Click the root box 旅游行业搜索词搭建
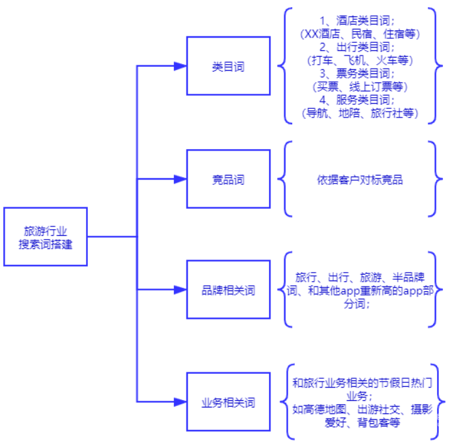point(46,236)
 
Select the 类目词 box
point(227,66)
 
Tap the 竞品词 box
point(227,179)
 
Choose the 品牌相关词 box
point(227,290)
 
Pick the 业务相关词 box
point(227,402)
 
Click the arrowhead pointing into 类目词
point(179,66)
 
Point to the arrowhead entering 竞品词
point(179,179)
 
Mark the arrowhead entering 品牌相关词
point(179,290)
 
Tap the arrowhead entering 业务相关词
point(179,402)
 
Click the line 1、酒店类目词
point(360,20)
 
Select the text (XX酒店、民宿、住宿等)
point(360,34)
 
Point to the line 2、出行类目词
point(360,47)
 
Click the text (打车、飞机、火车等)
point(360,60)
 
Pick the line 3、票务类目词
point(360,73)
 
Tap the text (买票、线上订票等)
point(360,86)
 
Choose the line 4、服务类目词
point(360,100)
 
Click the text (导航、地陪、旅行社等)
point(360,113)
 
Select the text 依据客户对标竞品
point(360,179)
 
